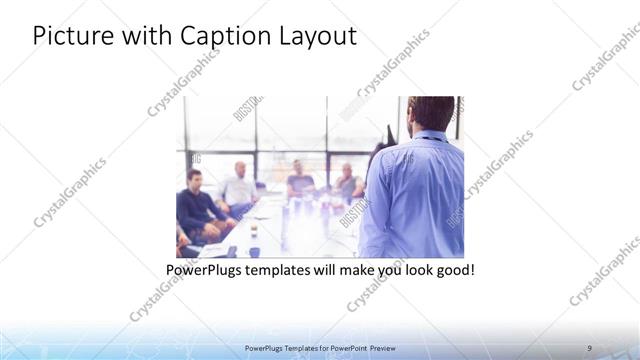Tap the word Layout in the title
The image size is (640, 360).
(x=315, y=36)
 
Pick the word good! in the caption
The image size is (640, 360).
(x=452, y=271)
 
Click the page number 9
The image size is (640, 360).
(x=590, y=347)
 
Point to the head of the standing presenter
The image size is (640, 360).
(x=431, y=113)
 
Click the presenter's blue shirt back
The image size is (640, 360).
(x=415, y=195)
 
